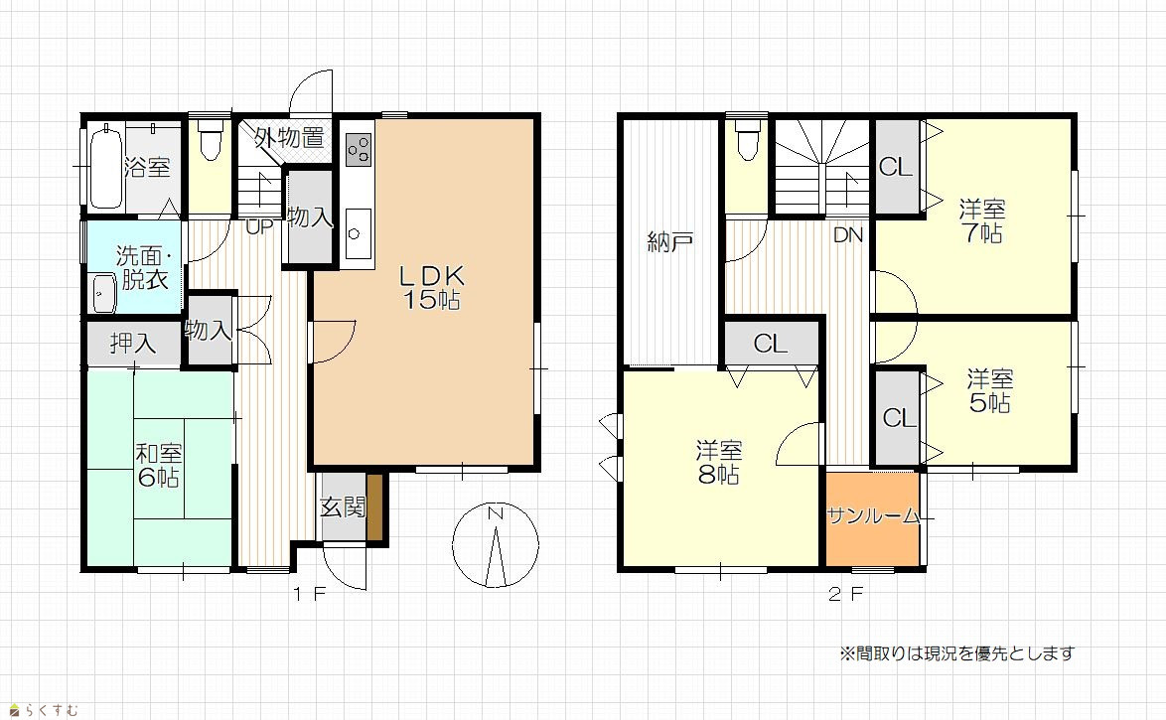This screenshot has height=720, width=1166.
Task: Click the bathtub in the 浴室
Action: [x=105, y=166]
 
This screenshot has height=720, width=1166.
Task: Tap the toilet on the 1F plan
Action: [x=211, y=141]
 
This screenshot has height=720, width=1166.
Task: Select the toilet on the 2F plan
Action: [x=746, y=141]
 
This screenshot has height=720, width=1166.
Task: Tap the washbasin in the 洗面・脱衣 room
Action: [x=103, y=293]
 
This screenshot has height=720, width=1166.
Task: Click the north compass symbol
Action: [x=496, y=545]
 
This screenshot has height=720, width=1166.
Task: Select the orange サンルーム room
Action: [x=872, y=517]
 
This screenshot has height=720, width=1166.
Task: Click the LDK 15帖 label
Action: [x=432, y=287]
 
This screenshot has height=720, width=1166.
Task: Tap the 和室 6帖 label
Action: [x=158, y=465]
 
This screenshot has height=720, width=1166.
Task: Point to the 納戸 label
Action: [x=670, y=241]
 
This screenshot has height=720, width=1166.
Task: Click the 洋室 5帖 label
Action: [x=990, y=391]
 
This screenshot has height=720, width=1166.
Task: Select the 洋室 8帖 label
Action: [x=719, y=463]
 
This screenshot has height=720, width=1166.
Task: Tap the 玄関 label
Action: [x=343, y=507]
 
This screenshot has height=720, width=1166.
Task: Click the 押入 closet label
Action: [x=133, y=343]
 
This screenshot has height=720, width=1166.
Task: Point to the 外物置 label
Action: [x=289, y=138]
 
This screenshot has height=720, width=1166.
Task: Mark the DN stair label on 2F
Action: [x=848, y=235]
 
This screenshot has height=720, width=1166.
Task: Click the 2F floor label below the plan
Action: [x=845, y=594]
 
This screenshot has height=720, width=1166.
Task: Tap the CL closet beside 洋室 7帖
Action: [x=895, y=167]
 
